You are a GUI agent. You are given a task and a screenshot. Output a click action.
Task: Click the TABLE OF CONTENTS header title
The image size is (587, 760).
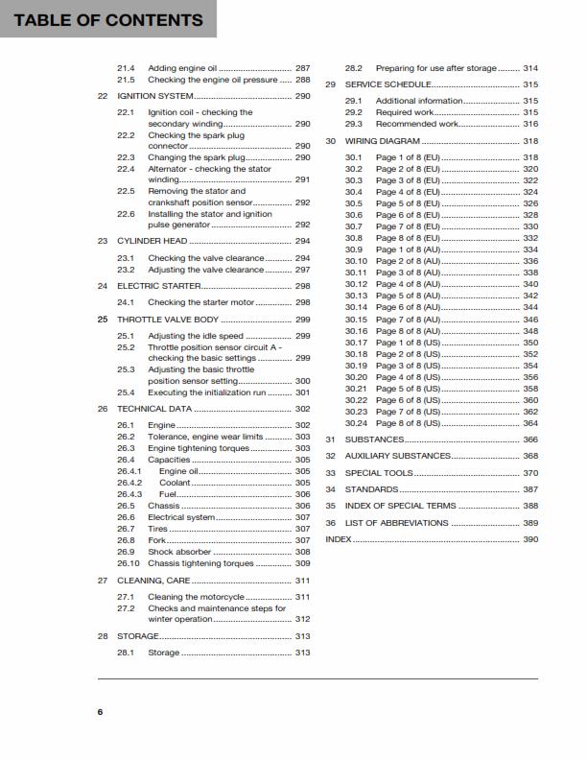[x=108, y=20]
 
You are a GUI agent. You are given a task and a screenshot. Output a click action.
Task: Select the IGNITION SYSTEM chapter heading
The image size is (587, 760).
[x=155, y=97]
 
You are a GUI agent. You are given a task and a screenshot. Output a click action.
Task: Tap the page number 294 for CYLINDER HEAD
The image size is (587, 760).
[x=302, y=241]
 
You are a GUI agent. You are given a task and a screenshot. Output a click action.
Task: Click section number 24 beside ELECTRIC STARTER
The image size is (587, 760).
[x=103, y=286]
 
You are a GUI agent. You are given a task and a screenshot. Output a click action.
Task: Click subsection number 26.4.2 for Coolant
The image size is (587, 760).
[x=129, y=483]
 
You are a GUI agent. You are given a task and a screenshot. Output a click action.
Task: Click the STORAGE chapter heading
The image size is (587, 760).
[x=138, y=636]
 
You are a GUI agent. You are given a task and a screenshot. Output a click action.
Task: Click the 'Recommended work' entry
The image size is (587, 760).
[x=416, y=124]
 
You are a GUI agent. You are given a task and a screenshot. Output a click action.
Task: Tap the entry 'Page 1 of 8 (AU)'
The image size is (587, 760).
[x=408, y=249]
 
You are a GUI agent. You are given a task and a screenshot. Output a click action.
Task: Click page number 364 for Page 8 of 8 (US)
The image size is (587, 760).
[x=530, y=423]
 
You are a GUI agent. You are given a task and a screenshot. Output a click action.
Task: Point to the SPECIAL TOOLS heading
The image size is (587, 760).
[x=379, y=473]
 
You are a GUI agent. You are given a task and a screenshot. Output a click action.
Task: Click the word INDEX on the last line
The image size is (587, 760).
[x=339, y=540]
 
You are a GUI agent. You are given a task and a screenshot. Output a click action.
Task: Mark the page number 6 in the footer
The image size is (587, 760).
[x=100, y=711]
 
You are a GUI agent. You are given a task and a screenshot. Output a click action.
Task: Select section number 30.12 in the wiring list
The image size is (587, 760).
[x=357, y=284]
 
